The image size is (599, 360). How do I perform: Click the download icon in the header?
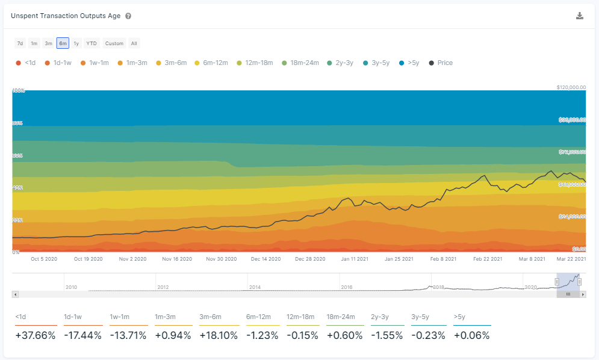(580, 16)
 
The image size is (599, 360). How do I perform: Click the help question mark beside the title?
(128, 16)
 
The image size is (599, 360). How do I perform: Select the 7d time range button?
(20, 43)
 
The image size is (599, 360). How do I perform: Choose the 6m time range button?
(63, 43)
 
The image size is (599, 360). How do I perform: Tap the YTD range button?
(92, 43)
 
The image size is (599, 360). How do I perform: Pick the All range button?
(134, 43)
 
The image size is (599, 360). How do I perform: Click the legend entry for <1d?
(26, 63)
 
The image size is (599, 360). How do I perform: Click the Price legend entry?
(441, 63)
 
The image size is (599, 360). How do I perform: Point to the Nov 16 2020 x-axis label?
(177, 259)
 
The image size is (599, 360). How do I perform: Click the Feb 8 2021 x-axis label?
(443, 259)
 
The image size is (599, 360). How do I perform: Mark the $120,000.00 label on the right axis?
(571, 87)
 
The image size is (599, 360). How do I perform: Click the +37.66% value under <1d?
(35, 335)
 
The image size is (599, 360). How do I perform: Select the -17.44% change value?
(82, 335)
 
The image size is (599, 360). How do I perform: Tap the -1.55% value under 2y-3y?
(386, 335)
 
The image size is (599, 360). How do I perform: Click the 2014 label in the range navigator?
(255, 287)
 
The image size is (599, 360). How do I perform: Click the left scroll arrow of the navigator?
(16, 294)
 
